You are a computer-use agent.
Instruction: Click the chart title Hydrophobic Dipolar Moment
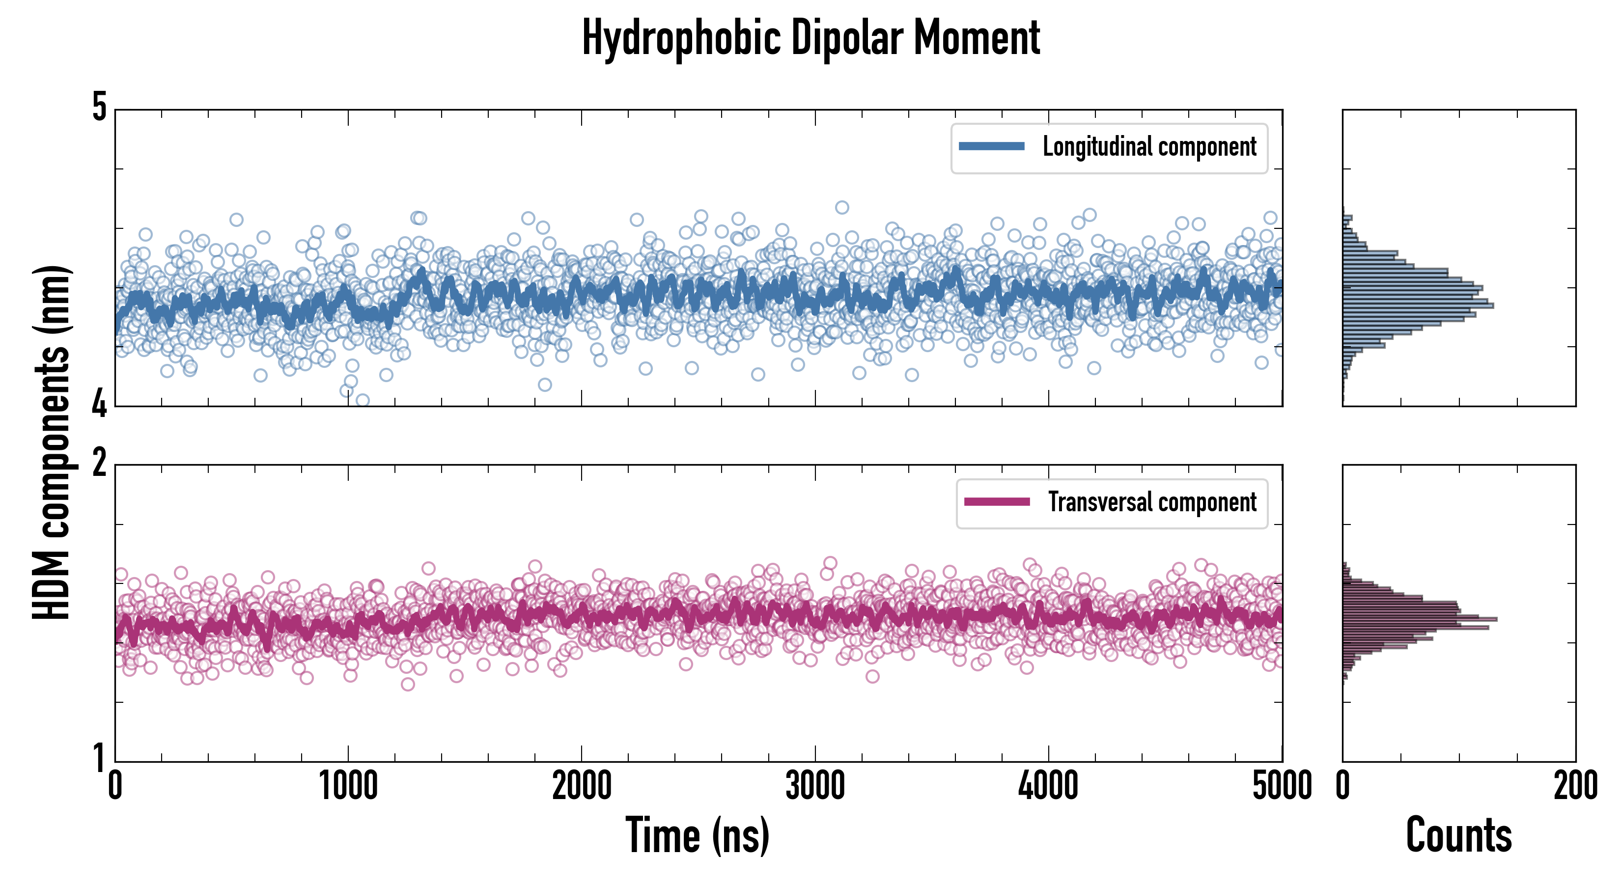click(x=810, y=38)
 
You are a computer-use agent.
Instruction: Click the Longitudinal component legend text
click(x=1149, y=147)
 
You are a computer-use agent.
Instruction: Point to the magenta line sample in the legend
click(x=997, y=502)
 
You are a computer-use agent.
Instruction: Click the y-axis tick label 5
click(x=99, y=107)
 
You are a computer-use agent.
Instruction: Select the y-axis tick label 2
click(x=99, y=463)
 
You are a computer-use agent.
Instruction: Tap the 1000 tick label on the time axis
click(x=348, y=786)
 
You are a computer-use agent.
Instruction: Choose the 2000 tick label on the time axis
click(x=582, y=786)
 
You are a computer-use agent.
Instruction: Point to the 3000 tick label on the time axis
click(x=815, y=786)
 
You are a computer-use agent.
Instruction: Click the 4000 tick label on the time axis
click(x=1048, y=786)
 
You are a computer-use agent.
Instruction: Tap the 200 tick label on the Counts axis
click(x=1575, y=786)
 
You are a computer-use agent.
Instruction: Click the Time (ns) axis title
click(x=697, y=835)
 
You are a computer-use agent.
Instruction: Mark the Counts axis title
click(x=1458, y=835)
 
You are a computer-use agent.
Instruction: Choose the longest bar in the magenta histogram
click(x=1420, y=619)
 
